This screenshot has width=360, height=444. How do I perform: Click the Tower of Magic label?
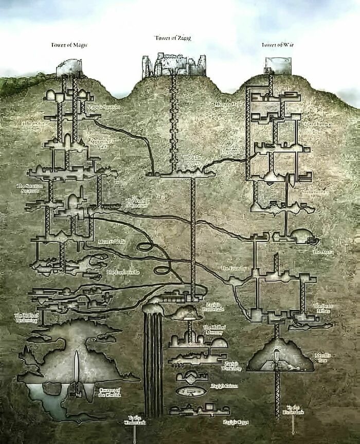(69, 45)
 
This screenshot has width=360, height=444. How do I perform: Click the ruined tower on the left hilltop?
(69, 67)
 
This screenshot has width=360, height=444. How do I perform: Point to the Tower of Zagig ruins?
(174, 65)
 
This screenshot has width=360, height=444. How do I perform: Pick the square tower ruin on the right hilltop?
(278, 65)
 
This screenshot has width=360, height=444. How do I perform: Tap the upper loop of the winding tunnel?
(146, 246)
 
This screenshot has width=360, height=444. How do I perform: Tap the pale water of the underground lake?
(49, 399)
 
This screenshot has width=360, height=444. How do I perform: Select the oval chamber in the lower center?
(191, 391)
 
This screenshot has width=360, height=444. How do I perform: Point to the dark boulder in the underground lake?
(51, 388)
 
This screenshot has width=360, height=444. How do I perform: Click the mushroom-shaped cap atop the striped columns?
(153, 308)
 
